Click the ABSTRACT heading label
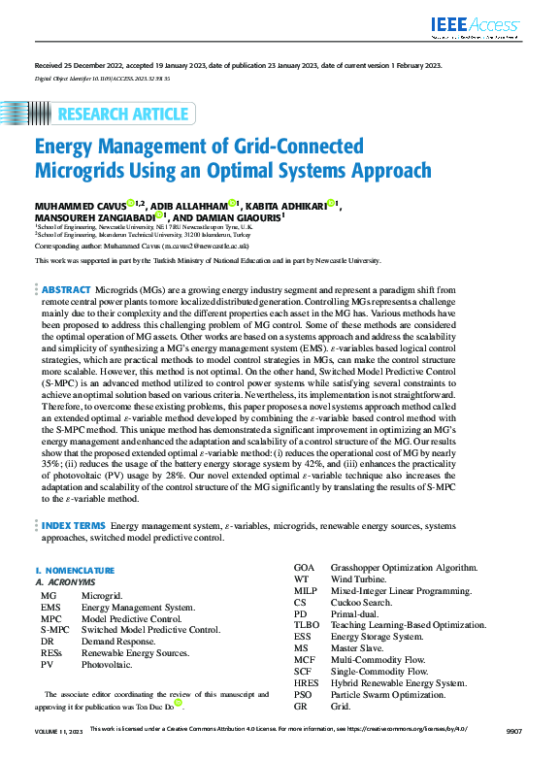(x=66, y=290)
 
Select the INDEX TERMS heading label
(x=74, y=524)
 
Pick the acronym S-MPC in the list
(x=54, y=629)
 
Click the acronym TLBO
(x=307, y=628)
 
